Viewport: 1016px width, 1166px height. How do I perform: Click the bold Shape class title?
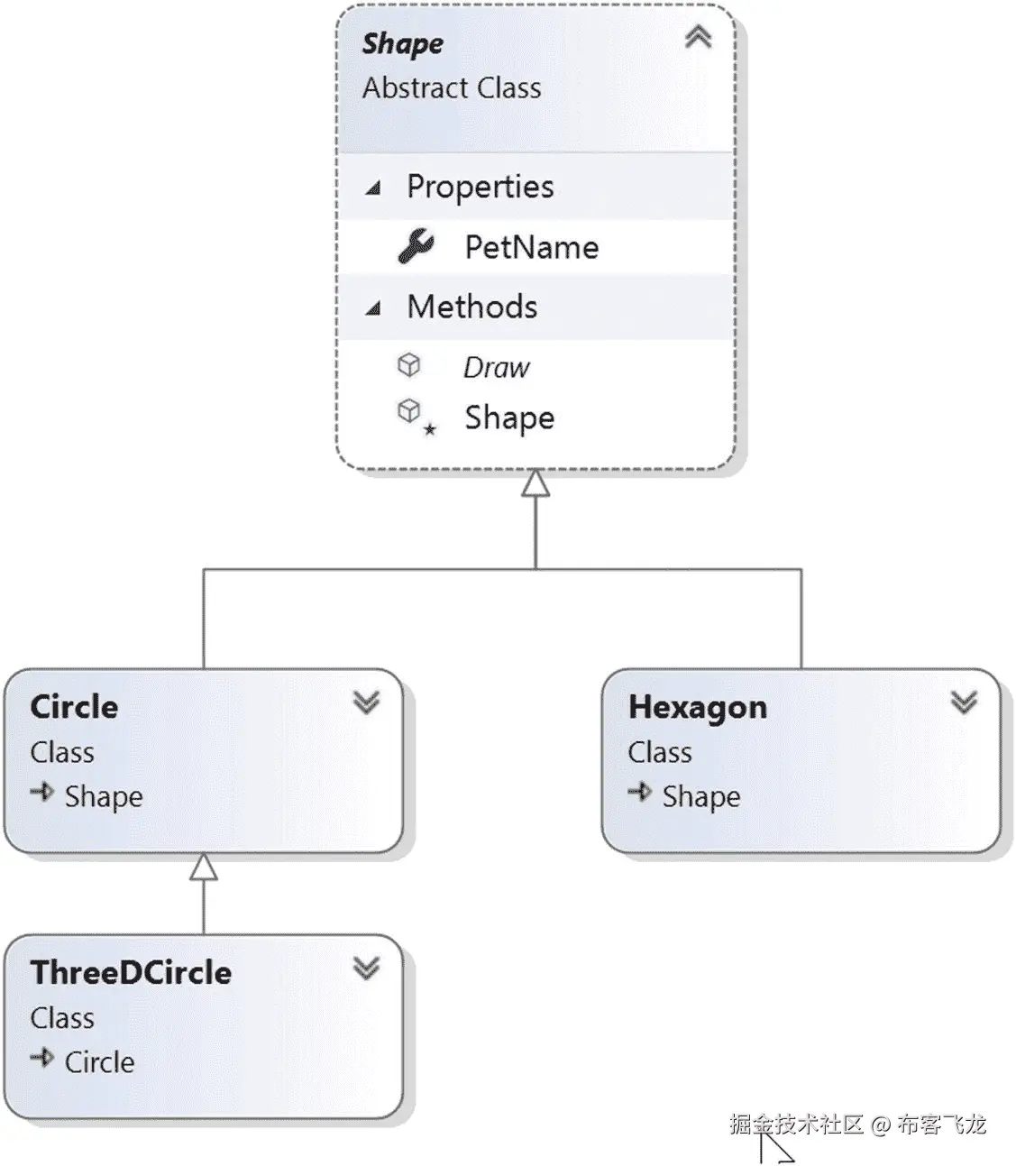coord(402,44)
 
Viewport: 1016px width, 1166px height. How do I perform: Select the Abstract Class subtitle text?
coord(452,88)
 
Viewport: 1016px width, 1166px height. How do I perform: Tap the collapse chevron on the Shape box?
coord(698,38)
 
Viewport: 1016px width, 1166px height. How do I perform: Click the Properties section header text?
coord(480,187)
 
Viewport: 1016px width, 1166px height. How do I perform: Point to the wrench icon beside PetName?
coord(416,246)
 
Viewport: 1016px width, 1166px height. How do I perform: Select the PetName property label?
coord(531,247)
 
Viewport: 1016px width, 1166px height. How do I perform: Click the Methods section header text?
coord(471,307)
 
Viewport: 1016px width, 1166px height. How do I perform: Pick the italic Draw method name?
coord(496,368)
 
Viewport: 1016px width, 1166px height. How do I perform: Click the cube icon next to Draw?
coord(409,365)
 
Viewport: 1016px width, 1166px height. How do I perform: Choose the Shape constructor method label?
coord(509,418)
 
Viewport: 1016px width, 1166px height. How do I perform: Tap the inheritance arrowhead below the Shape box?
coord(535,483)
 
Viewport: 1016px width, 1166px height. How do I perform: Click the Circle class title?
coord(74,707)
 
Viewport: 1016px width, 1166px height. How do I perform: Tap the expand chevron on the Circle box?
coord(366,702)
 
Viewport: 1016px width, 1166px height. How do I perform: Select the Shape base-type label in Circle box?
coord(104,796)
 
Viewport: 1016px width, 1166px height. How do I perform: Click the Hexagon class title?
coord(698,707)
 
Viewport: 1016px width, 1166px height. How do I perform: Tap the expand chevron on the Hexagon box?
coord(964,702)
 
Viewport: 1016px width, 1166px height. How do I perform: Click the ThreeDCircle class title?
coord(131,973)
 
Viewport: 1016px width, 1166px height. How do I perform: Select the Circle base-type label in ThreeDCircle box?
coord(99,1062)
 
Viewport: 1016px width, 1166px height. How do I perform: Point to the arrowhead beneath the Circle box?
coord(204,867)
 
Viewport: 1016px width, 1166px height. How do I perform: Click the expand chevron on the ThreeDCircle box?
coord(366,969)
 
